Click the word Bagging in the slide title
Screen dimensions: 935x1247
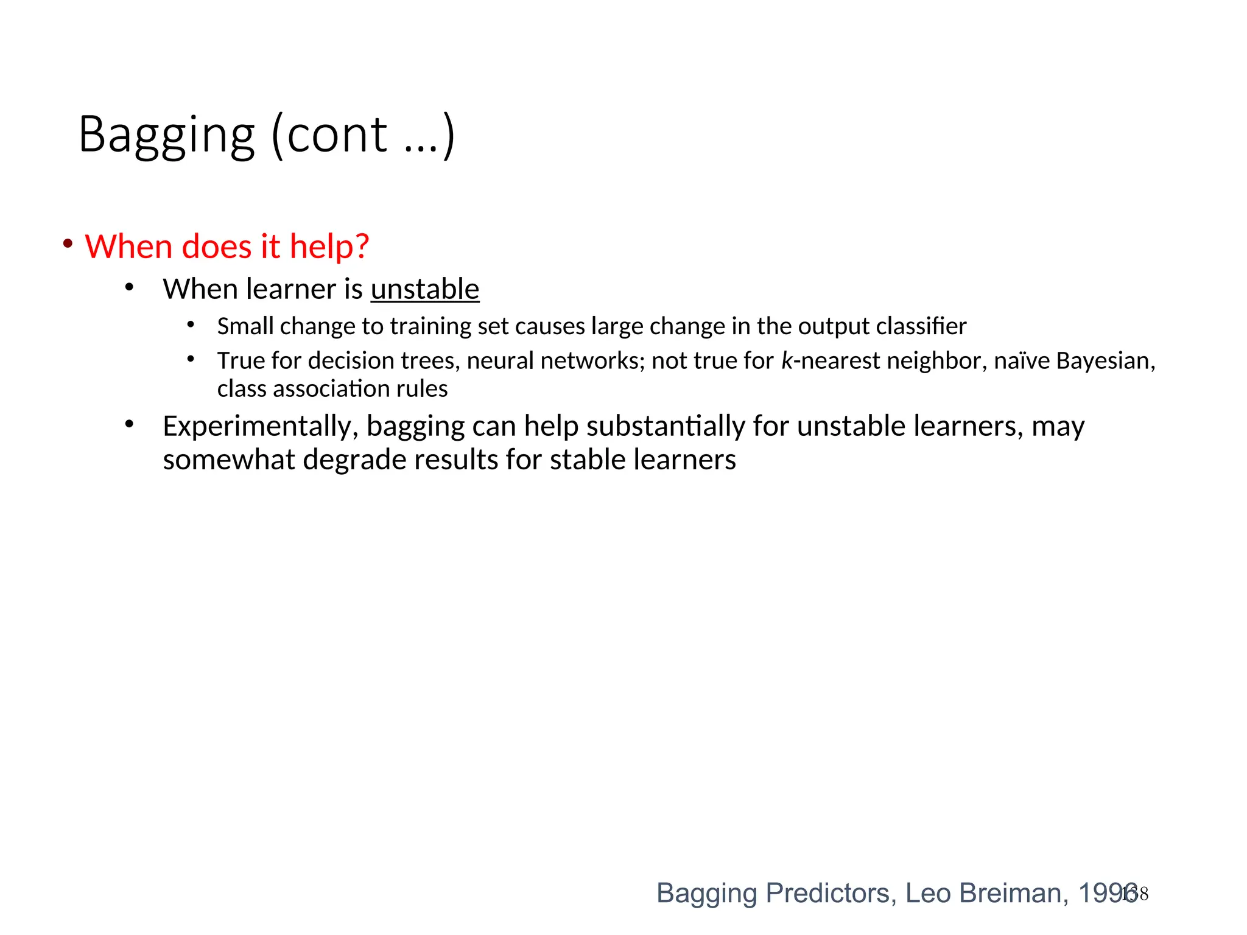pyautogui.click(x=166, y=135)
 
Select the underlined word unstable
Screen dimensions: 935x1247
pyautogui.click(x=425, y=289)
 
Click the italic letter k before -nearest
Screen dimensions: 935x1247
pyautogui.click(x=787, y=360)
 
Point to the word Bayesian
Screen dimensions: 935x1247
pyautogui.click(x=1105, y=361)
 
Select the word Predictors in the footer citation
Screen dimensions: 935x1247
pyautogui.click(x=831, y=893)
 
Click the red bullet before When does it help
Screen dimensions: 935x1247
pyautogui.click(x=68, y=244)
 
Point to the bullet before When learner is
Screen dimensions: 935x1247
pyautogui.click(x=129, y=287)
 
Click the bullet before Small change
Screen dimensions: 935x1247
pyautogui.click(x=191, y=325)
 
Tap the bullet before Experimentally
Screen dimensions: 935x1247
pyautogui.click(x=129, y=424)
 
